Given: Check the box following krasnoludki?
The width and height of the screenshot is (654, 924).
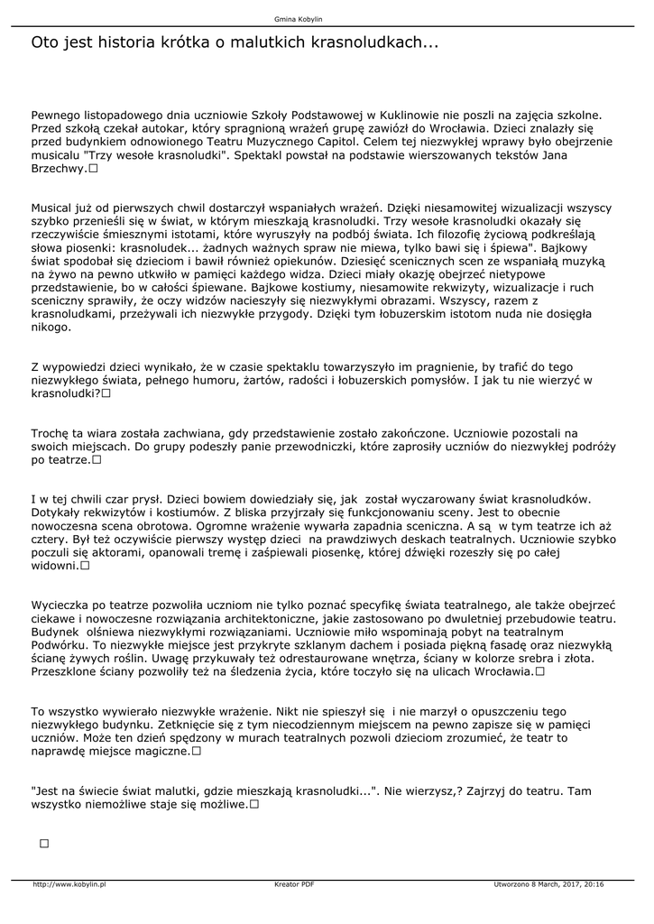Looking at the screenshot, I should click(x=106, y=393).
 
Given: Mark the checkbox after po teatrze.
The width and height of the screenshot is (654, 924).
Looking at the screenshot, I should click(x=97, y=459).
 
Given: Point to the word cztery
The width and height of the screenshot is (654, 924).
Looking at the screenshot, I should click(x=50, y=539).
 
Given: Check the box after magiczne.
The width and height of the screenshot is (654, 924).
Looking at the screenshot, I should click(x=196, y=751).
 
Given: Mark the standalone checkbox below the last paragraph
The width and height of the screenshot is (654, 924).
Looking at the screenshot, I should click(x=43, y=843).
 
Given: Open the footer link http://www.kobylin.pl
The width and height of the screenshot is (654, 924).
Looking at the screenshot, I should click(x=69, y=884).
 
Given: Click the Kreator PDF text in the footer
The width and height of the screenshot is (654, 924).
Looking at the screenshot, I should click(x=294, y=884).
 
